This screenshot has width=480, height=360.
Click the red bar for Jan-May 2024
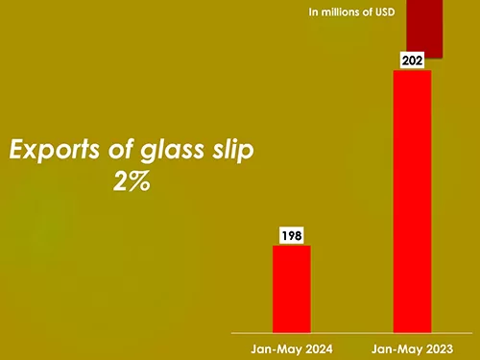tap(291, 288)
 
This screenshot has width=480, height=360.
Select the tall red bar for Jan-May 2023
tap(412, 202)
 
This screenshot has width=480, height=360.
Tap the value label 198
tap(291, 235)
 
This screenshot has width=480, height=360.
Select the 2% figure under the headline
tap(131, 182)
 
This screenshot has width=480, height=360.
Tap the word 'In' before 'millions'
tap(313, 12)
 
